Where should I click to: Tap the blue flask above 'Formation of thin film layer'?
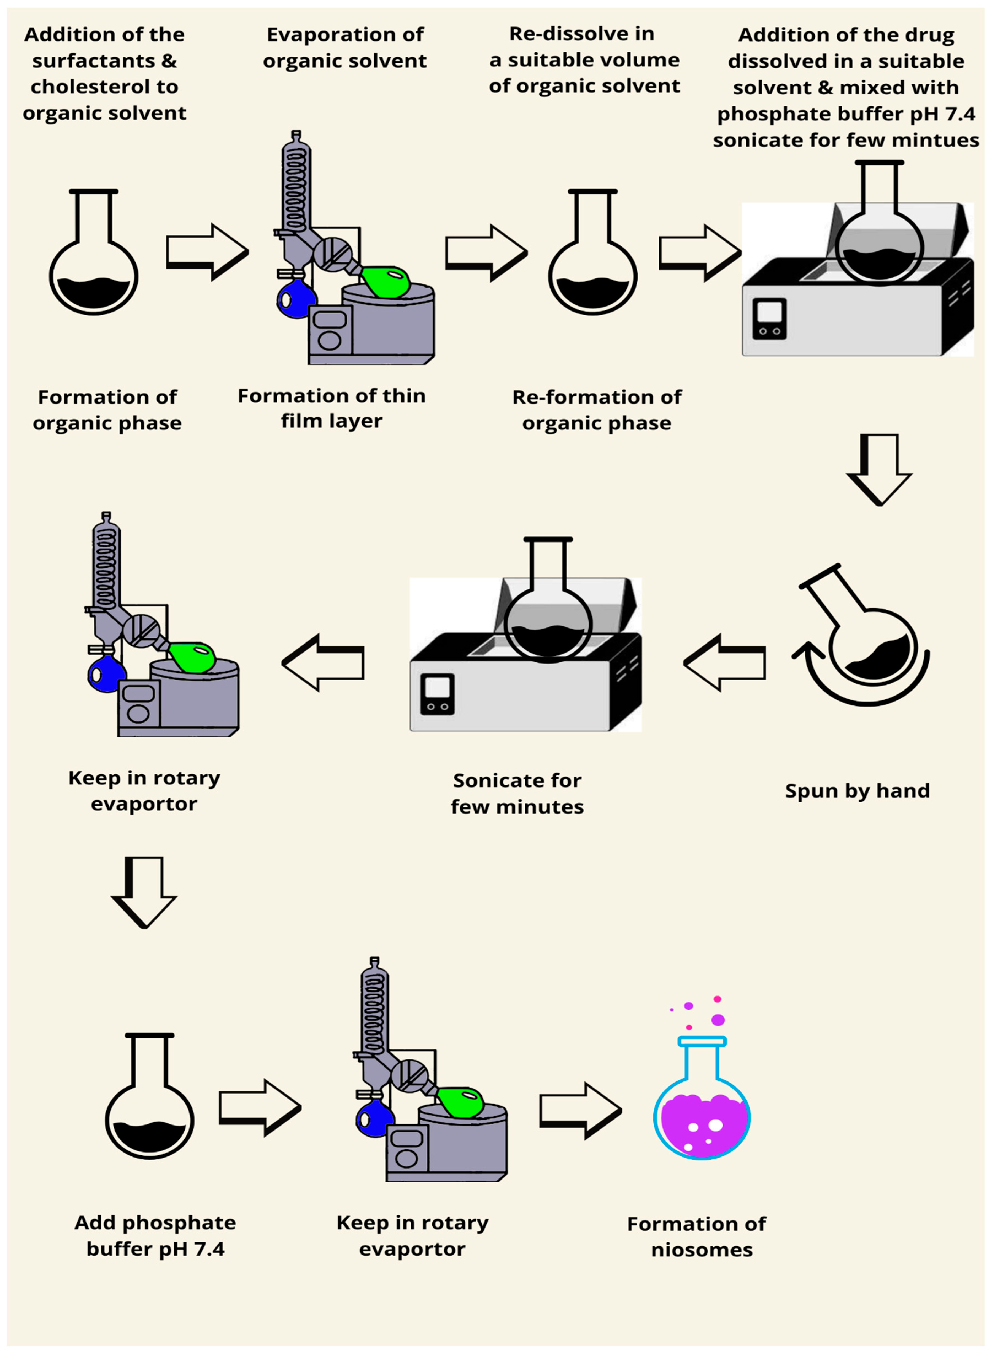pos(296,299)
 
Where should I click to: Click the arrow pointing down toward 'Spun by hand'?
pos(880,469)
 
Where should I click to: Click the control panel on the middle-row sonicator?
pos(437,694)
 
